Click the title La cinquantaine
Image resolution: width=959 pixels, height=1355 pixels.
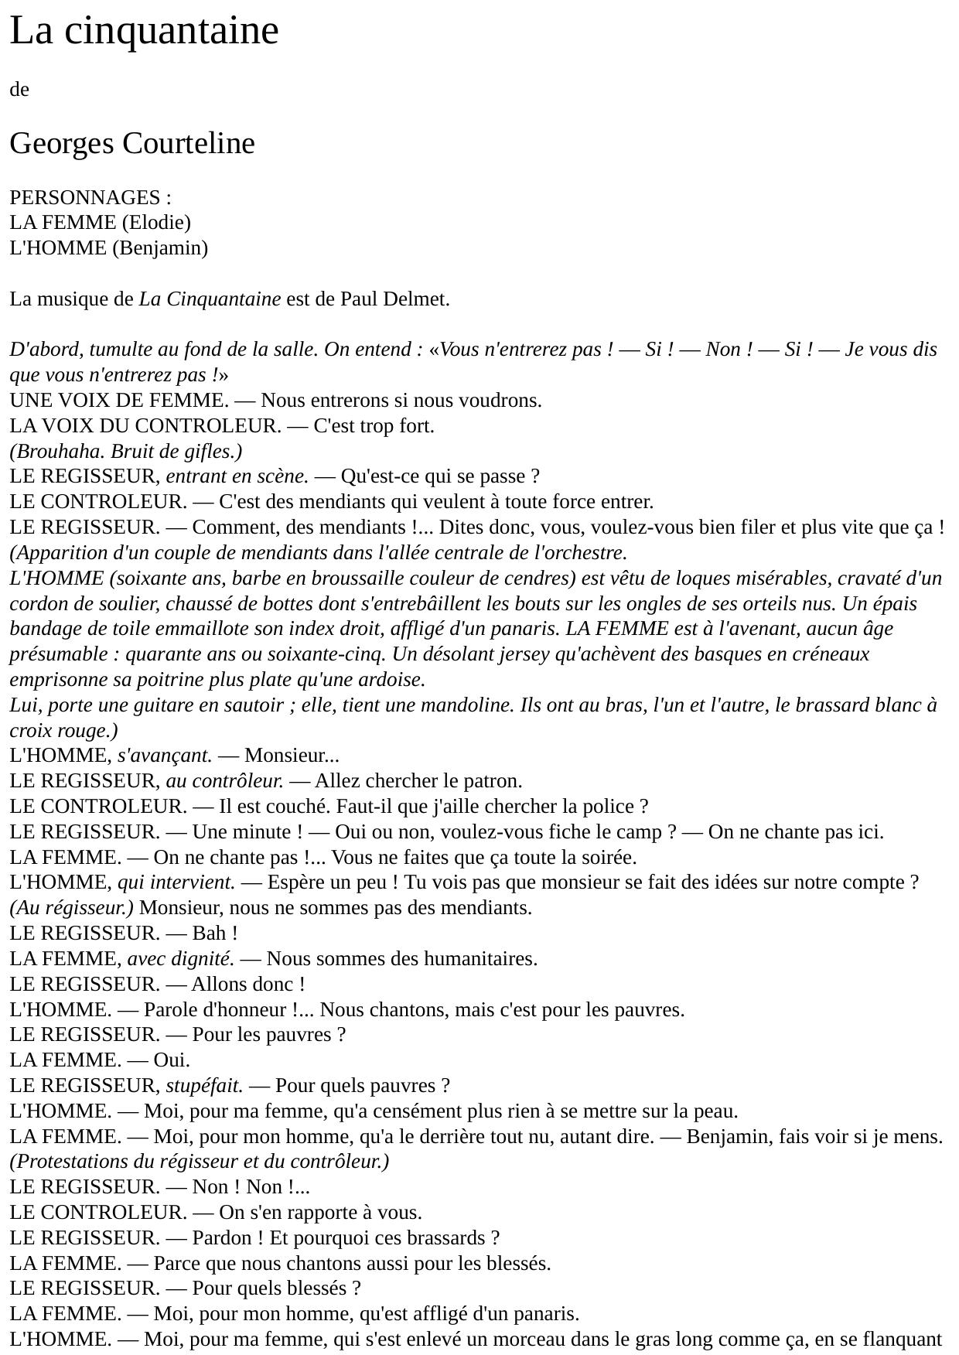144,31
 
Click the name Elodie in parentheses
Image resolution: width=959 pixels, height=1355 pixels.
156,223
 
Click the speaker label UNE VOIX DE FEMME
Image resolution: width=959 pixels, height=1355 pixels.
118,401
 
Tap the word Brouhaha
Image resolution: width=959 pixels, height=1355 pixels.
48,452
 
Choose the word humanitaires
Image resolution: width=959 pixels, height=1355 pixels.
481,959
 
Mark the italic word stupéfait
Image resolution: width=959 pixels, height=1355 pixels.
203,1086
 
